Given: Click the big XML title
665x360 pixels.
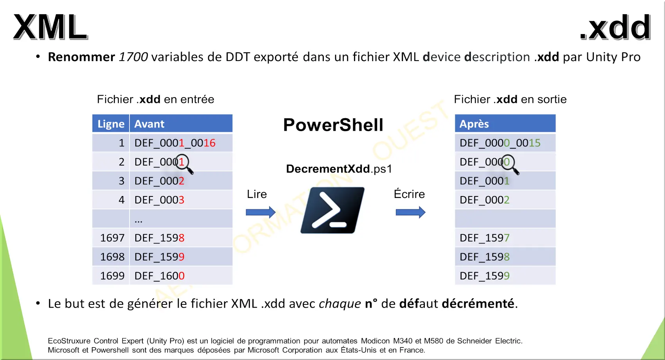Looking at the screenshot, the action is click(x=50, y=27).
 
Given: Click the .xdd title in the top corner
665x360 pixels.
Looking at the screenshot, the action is click(x=615, y=27).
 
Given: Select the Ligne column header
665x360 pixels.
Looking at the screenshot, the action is click(x=111, y=124).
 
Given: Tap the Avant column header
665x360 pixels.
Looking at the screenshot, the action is click(x=181, y=124).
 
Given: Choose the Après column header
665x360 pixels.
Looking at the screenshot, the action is click(x=505, y=124).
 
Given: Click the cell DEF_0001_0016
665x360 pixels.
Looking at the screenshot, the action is click(x=175, y=143).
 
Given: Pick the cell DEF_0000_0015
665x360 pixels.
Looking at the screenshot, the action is click(x=500, y=143).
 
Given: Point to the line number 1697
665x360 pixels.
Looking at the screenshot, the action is click(x=112, y=238).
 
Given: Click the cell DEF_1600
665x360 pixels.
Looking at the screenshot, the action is click(x=160, y=276).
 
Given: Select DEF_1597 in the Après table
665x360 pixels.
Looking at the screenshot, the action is click(x=485, y=238).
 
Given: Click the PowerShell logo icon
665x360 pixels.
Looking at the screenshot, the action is click(x=332, y=210).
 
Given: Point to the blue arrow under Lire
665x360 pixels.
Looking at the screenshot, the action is click(x=261, y=212).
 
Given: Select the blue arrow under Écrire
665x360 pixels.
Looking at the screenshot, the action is click(x=411, y=212).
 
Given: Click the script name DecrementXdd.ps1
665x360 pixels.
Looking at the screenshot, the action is click(x=339, y=169).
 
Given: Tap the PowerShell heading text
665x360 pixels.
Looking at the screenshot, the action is click(x=333, y=125).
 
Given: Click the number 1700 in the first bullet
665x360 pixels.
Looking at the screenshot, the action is click(x=133, y=57).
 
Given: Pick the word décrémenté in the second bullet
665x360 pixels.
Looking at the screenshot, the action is click(x=478, y=303).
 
